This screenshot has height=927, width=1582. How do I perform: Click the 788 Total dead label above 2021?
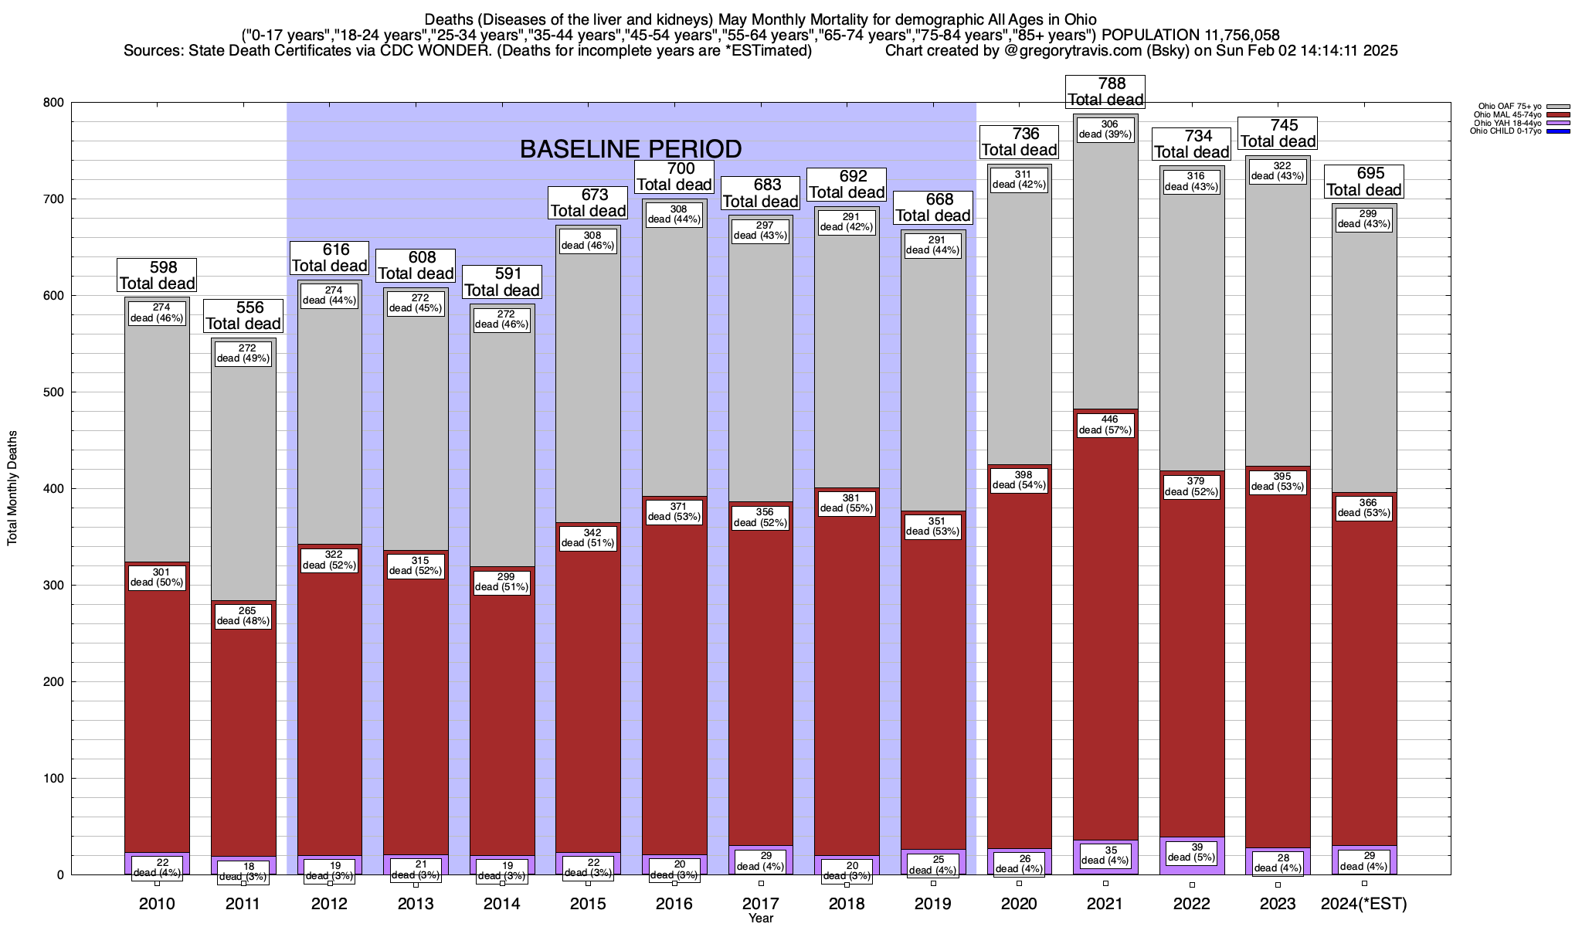1105,92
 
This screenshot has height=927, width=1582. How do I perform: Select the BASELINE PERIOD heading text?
630,149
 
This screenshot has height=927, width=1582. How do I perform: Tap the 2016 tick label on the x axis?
674,904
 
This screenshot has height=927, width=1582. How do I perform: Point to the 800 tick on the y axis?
53,103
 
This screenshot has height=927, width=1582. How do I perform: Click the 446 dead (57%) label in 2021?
1105,425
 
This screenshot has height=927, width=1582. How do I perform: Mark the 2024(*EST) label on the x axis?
1364,904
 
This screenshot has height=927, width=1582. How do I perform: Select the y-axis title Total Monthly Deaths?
12,488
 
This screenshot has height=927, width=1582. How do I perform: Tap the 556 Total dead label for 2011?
243,316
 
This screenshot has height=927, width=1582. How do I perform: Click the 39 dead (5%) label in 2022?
1192,852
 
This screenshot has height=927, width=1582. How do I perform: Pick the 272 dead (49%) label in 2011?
243,353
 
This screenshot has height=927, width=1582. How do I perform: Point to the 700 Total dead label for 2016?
674,177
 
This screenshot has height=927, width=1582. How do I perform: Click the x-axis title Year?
761,919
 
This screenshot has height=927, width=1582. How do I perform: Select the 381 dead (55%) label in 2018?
847,503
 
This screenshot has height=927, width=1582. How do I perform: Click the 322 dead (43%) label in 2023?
1278,171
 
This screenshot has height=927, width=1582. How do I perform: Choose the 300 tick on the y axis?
53,586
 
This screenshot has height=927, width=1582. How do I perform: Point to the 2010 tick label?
157,904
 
